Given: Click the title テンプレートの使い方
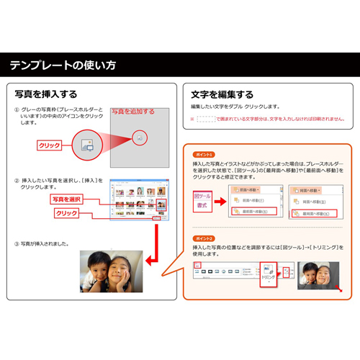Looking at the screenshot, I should pos(63,66).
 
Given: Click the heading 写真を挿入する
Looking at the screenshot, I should pos(46,94).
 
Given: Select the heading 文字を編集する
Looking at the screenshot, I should pos(222,94).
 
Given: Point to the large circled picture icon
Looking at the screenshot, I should pos(86,145).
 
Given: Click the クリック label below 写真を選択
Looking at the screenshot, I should pos(66,214).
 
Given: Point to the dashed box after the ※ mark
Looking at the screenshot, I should pos(205,119).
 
